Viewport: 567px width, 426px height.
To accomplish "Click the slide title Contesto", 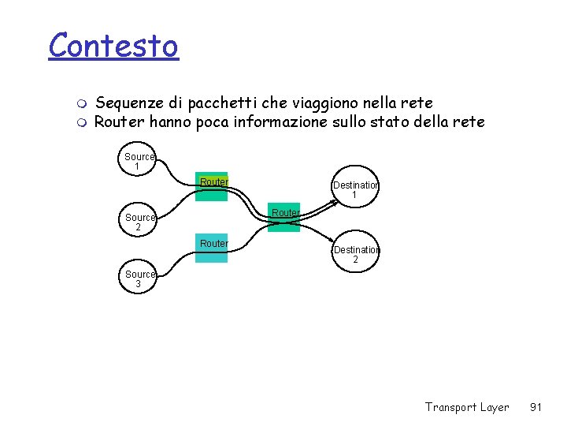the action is coord(113,46).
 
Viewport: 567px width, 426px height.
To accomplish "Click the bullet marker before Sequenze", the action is coord(84,103).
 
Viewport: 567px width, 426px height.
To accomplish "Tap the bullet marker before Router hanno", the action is coord(84,123).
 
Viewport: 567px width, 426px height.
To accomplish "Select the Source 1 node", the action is coord(139,162).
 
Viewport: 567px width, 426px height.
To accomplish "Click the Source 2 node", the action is coord(139,222).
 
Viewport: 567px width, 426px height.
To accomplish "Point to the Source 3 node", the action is coord(139,279).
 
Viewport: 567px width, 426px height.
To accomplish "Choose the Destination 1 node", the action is coord(355,189).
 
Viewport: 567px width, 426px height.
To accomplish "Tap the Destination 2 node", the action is coord(355,254).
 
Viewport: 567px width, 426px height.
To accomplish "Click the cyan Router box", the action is coord(213,250).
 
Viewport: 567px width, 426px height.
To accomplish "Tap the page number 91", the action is coord(535,407).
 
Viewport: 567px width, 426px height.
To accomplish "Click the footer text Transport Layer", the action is coord(466,407).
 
